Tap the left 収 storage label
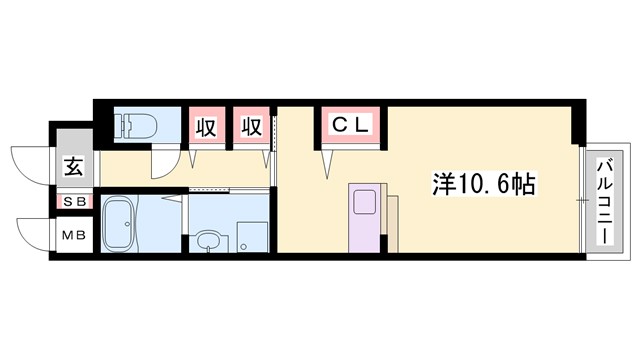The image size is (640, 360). pyautogui.click(x=206, y=127)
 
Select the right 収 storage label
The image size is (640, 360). pyautogui.click(x=252, y=127)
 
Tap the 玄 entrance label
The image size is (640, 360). pyautogui.click(x=75, y=166)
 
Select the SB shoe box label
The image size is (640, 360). pyautogui.click(x=75, y=202)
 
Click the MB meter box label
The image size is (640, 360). pyautogui.click(x=75, y=236)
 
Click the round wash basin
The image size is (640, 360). pyautogui.click(x=207, y=241)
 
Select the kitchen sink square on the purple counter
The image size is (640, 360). pyautogui.click(x=362, y=201)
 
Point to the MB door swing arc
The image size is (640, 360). pyautogui.click(x=33, y=232)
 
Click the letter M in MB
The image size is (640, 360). pyautogui.click(x=69, y=236)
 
